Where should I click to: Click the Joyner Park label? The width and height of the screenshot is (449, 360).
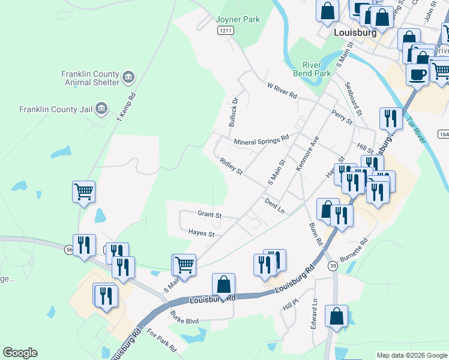tap(238, 19)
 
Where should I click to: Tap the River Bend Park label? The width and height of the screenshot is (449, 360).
tap(316, 69)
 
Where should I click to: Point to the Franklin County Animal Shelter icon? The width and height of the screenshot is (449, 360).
tap(128, 77)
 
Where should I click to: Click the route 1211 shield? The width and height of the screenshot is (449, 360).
tap(225, 30)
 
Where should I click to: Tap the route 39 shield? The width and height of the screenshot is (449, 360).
tap(333, 265)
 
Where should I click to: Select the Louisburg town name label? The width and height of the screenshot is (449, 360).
tap(355, 33)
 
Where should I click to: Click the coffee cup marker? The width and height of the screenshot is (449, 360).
tap(417, 74)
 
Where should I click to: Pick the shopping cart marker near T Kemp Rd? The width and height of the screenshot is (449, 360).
tap(84, 193)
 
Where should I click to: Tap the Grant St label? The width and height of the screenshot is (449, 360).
tap(209, 214)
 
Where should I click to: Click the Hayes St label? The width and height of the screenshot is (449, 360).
tap(201, 233)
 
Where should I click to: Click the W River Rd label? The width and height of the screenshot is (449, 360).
tap(282, 91)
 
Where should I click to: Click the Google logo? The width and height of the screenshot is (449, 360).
tap(20, 353)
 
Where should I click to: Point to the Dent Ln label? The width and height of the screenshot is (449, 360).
tap(273, 205)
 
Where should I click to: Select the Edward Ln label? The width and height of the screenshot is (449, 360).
tap(314, 314)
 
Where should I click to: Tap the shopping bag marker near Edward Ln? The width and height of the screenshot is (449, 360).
tap(336, 316)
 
